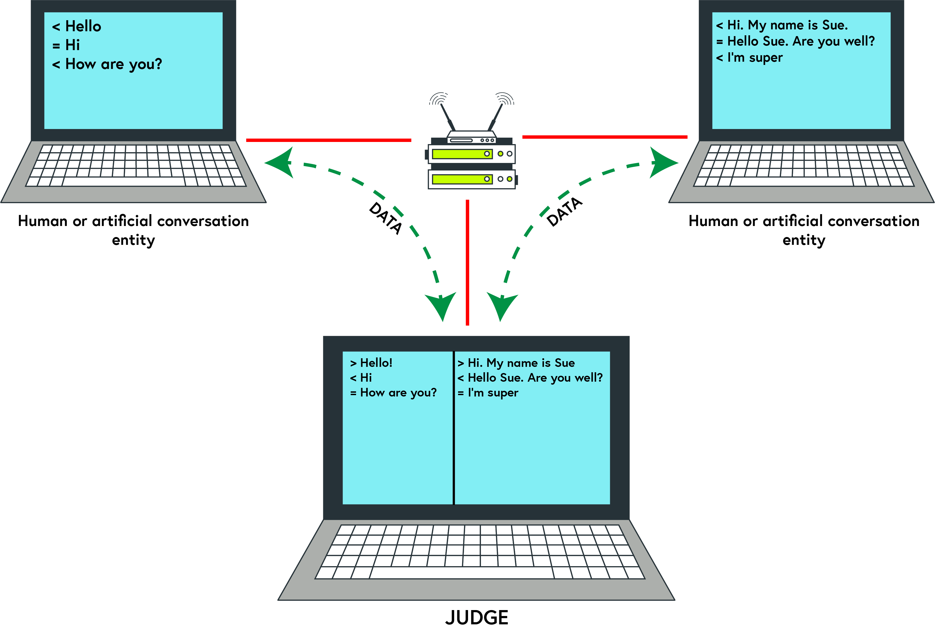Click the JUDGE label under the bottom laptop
pos(477,618)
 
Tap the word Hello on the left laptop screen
pos(83,26)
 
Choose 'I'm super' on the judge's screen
pos(493,392)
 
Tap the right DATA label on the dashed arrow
pos(564,212)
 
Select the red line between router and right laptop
pos(604,137)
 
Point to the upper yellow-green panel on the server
pos(462,154)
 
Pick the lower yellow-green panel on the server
pos(462,179)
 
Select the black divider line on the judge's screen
pos(454,428)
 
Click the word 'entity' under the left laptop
pos(133,240)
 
